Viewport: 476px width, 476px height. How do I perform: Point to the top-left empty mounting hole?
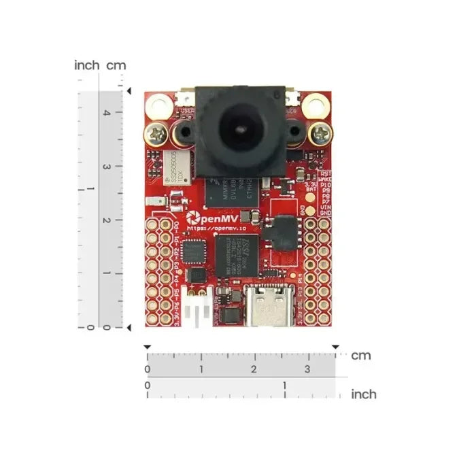[159, 105]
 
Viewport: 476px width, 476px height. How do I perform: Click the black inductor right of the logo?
[281, 233]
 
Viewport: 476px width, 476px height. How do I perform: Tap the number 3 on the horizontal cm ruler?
[307, 369]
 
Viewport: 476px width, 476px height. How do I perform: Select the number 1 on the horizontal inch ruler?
[284, 386]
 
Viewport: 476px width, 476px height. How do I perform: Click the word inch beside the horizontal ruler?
[363, 394]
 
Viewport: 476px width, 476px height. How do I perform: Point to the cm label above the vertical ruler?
[116, 65]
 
